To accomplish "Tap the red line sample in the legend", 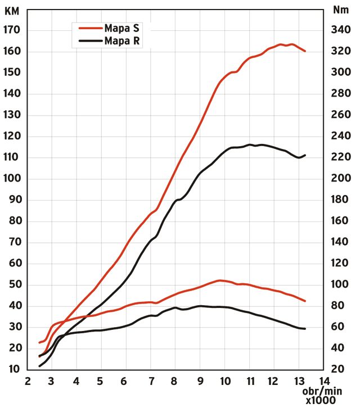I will (89, 28).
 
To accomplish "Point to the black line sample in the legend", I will (89, 41).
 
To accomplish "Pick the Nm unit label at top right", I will (340, 10).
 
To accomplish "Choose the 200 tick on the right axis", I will (340, 179).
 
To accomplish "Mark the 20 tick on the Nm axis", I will (340, 369).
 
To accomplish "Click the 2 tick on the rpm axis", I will (27, 382).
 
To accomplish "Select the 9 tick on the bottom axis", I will (200, 382).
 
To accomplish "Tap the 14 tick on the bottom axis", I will (323, 382).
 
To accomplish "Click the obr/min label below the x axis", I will (321, 392).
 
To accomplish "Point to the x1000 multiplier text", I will (321, 401).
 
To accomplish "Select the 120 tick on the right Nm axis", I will (340, 263).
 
